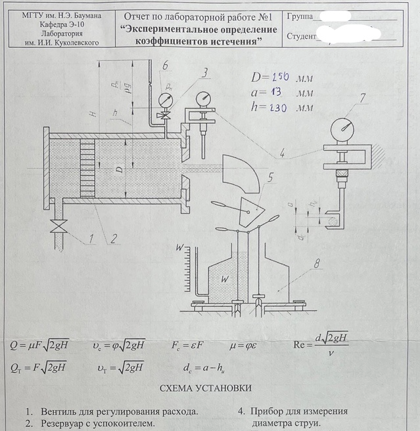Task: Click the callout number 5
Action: [x=270, y=177]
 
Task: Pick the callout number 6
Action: [x=165, y=65]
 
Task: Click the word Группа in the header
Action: [x=300, y=15]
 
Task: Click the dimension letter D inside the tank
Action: [x=118, y=169]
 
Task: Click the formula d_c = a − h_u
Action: [x=209, y=367]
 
